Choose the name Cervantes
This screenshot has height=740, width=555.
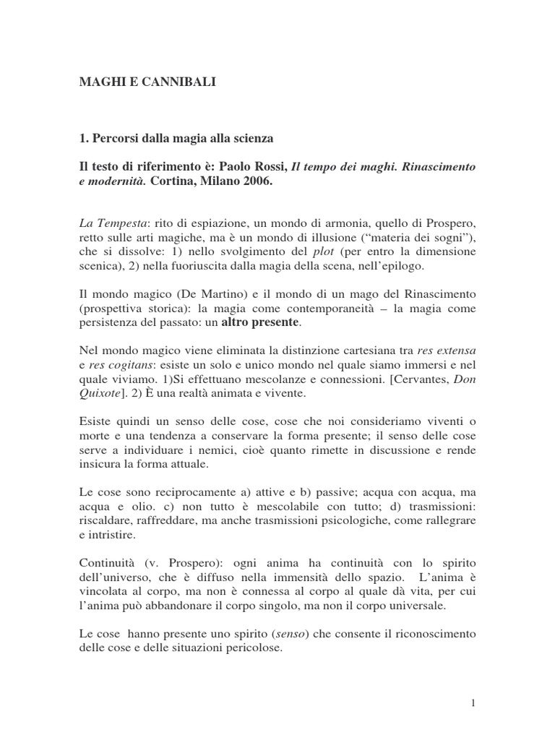[413, 379]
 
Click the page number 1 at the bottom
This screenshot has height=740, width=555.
[472, 702]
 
